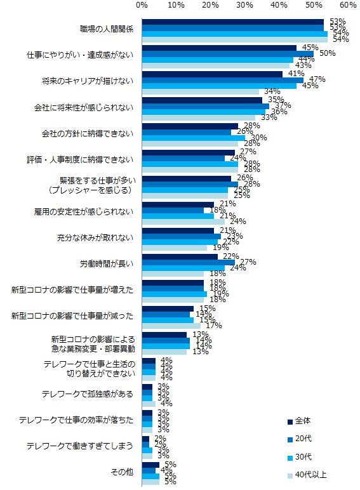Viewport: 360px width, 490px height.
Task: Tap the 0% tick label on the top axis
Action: tap(142, 5)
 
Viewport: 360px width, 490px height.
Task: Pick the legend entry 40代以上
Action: tap(311, 474)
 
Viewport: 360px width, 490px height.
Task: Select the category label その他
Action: tap(123, 471)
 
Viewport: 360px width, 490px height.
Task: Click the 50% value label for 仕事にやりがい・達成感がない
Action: tap(327, 54)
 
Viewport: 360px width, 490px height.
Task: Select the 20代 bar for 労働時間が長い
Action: tap(188, 262)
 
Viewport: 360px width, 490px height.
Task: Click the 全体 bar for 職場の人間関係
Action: tap(232, 22)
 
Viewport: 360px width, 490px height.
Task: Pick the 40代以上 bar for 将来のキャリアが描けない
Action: tap(200, 91)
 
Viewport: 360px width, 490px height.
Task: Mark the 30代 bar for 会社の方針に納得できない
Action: tap(193, 137)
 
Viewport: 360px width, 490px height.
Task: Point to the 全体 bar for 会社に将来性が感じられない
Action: tap(202, 100)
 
